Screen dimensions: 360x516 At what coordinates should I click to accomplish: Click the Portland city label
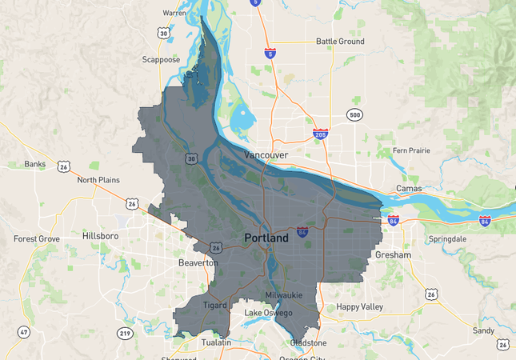[266, 238]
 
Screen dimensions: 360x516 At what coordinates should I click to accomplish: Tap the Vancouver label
[266, 154]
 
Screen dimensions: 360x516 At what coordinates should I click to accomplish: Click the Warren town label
[174, 13]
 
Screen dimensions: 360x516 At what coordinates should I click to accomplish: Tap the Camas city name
[409, 189]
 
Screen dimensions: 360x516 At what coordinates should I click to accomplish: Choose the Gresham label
[393, 255]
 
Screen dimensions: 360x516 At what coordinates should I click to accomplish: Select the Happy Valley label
[361, 306]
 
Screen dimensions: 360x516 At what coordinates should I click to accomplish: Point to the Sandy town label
[483, 330]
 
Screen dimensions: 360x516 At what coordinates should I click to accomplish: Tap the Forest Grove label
[38, 238]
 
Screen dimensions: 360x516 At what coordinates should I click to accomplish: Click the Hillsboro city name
[101, 236]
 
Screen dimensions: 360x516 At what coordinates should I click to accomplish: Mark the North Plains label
[98, 180]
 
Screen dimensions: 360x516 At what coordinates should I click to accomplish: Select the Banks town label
[35, 164]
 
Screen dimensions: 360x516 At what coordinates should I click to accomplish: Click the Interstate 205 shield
[320, 135]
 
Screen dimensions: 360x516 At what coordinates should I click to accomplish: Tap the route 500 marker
[354, 115]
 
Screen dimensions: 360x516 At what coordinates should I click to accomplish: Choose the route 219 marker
[126, 332]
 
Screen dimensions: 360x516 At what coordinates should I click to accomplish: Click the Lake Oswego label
[268, 312]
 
